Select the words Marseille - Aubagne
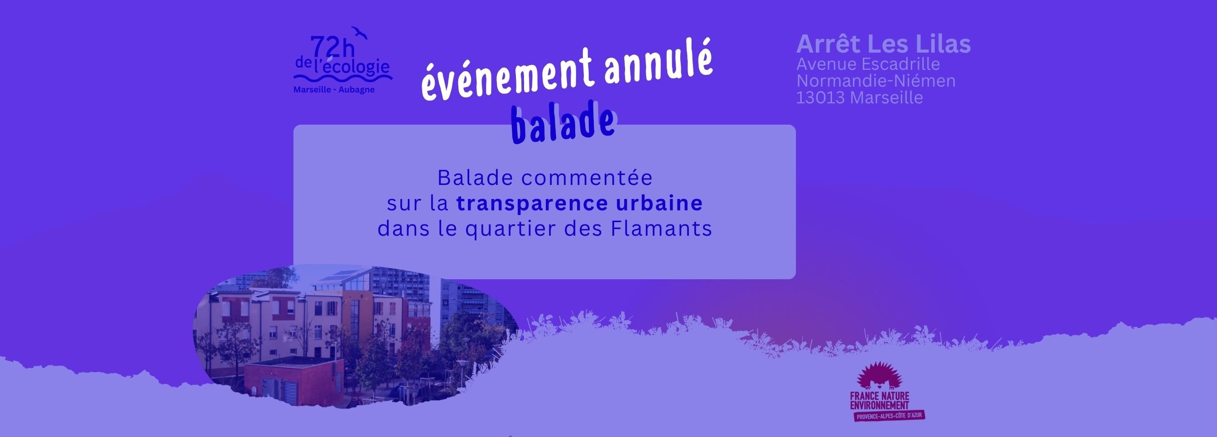pos(334,89)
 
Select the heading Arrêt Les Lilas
pos(884,44)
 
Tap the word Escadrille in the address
pos(901,64)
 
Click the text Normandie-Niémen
pos(876,81)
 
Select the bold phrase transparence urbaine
pos(580,204)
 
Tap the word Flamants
pos(661,229)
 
